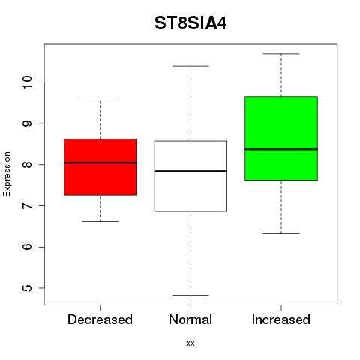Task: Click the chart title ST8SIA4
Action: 190,23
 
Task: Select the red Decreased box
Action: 100,167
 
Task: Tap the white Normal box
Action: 190,176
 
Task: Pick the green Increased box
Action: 281,138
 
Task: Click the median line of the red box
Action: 100,163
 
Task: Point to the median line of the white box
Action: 190,171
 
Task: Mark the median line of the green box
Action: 281,149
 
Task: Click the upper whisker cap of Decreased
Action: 100,100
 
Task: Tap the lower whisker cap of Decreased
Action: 100,221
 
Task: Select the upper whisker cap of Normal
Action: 190,66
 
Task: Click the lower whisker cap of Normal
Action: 190,295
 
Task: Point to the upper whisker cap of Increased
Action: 281,54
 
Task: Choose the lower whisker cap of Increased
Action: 281,233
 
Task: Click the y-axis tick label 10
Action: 27,82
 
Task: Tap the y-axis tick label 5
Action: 27,288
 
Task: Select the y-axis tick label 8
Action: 27,165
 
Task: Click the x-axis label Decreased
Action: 100,319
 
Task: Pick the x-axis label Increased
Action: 281,319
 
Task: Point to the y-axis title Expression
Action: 7,174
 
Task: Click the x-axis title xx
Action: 190,343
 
